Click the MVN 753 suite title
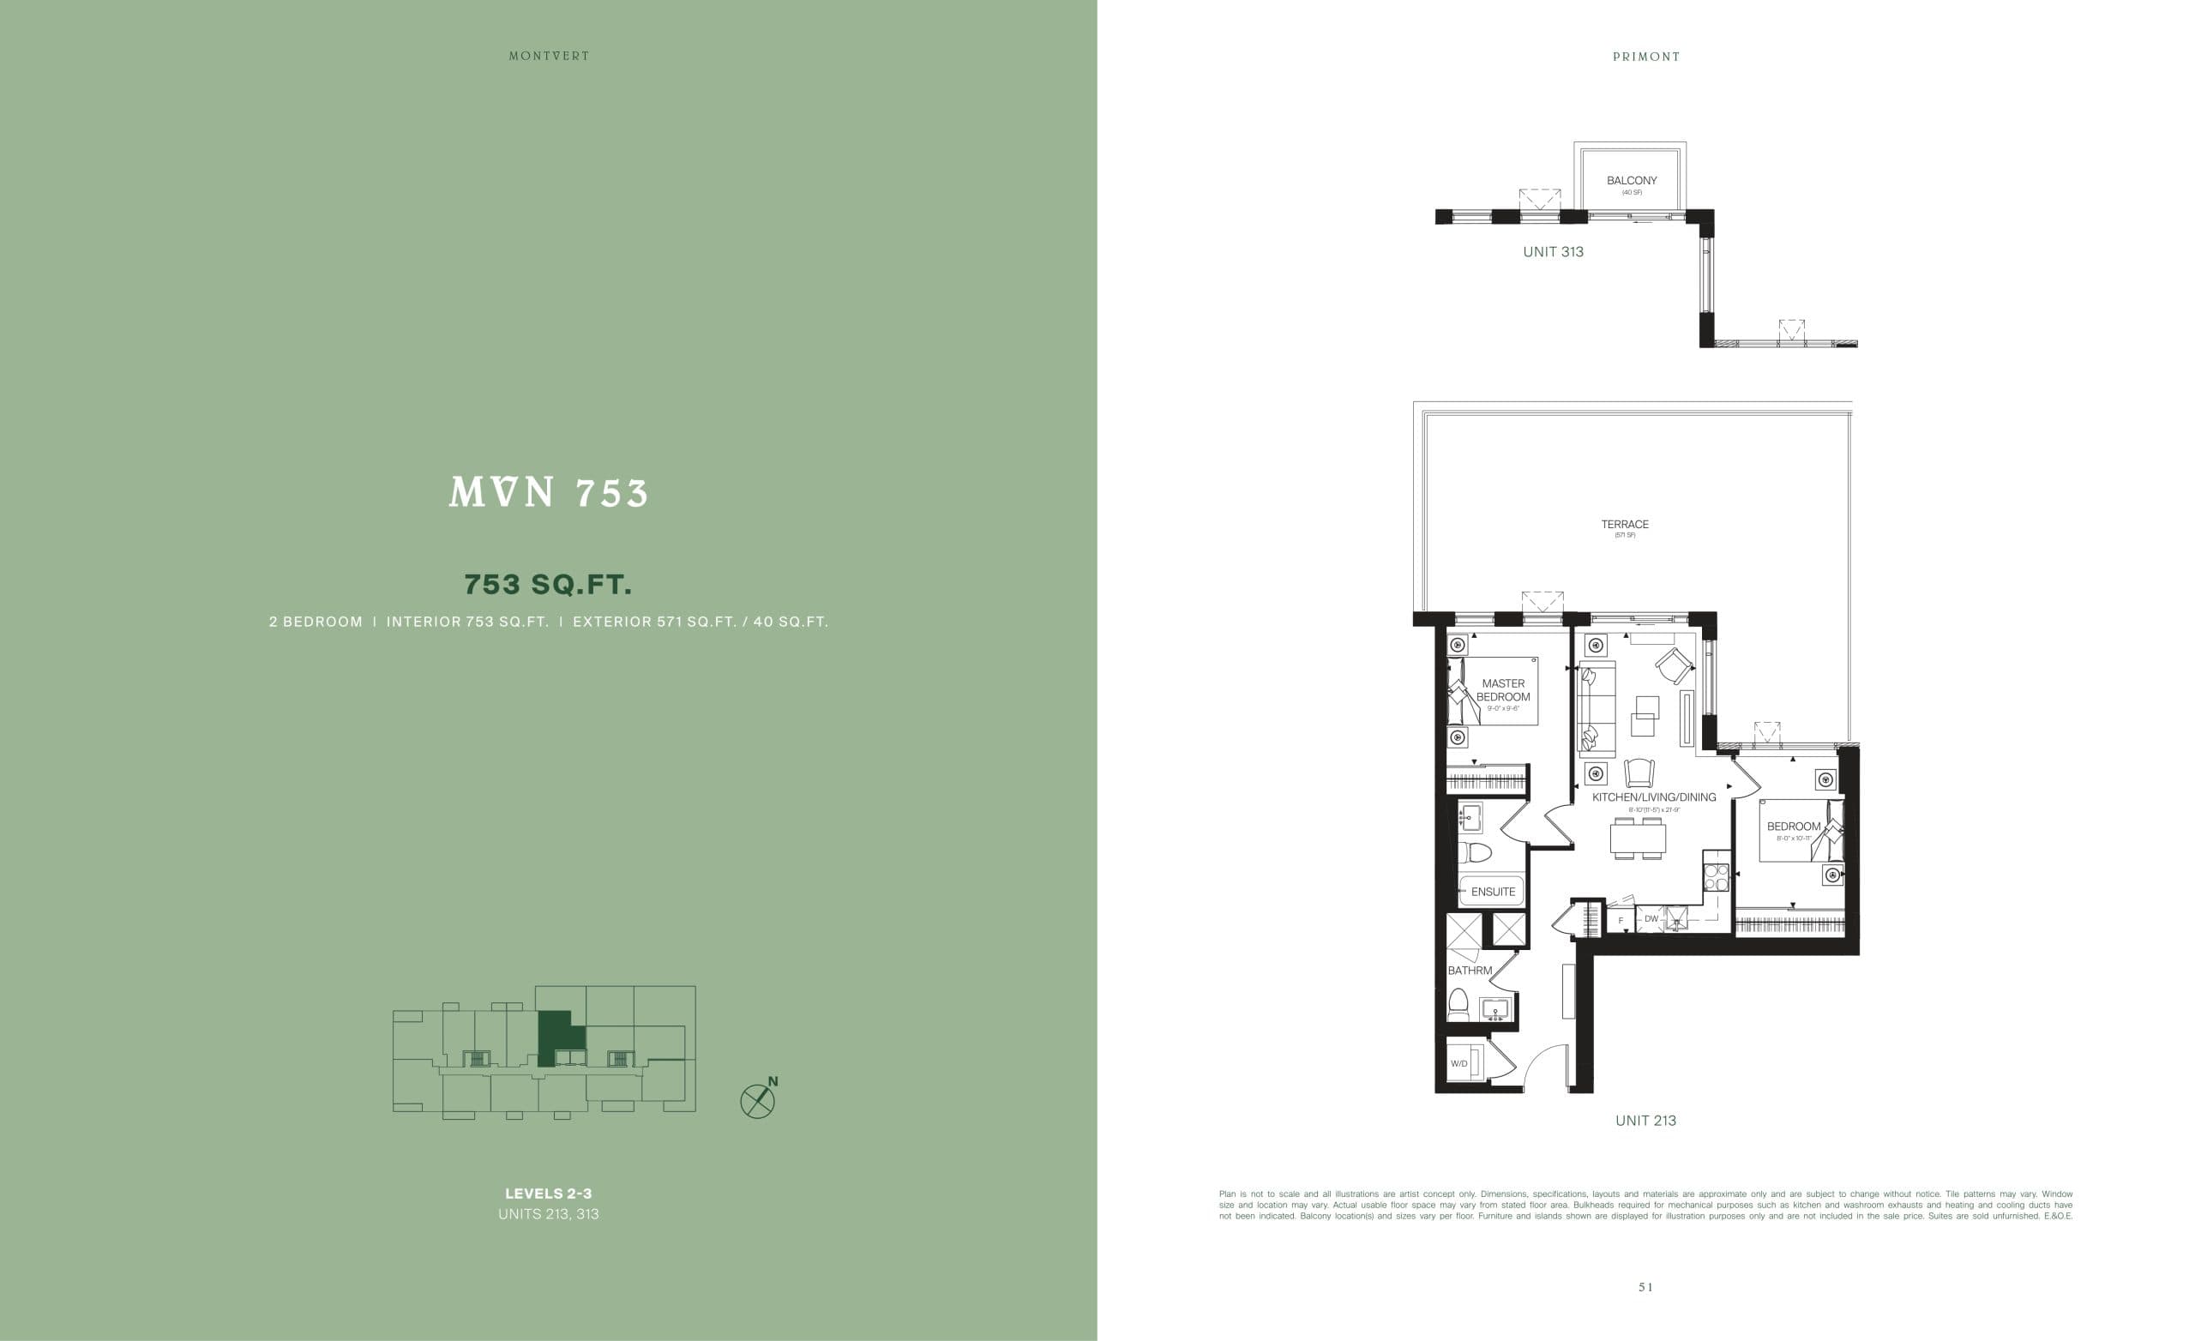coord(549,493)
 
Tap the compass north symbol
coord(758,1100)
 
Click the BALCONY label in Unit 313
coord(1631,181)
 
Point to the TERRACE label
coord(1624,525)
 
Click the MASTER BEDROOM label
coord(1503,690)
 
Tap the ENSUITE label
coord(1493,892)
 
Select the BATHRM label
coord(1469,971)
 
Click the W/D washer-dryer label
coord(1458,1064)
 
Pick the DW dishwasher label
coord(1651,918)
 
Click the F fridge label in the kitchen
coord(1621,920)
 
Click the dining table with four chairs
coord(1638,839)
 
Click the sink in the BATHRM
coord(1494,1009)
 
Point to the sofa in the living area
coord(1597,709)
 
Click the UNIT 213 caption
coord(1645,1121)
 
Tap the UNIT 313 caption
coord(1553,252)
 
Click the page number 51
coord(1645,1287)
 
